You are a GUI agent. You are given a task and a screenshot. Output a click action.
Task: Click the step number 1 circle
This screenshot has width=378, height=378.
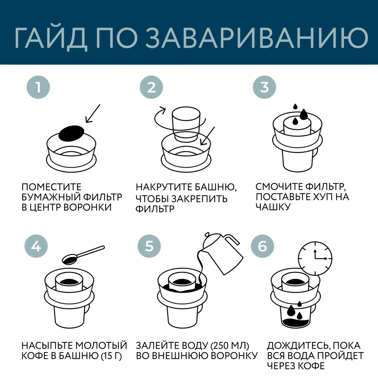(x=38, y=87)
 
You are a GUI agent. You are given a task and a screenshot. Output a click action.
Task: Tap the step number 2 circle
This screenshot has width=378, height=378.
(x=151, y=87)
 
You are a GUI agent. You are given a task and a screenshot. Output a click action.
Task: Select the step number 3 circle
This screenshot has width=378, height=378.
(x=264, y=87)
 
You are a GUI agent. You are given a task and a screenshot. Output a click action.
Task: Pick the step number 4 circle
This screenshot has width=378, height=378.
(x=36, y=246)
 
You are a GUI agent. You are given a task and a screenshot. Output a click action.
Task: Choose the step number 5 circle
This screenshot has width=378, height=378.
(x=149, y=246)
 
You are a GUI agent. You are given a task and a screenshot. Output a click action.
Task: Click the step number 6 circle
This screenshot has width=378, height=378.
(x=262, y=246)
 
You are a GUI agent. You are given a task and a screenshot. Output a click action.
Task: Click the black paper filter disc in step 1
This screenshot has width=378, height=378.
(x=71, y=133)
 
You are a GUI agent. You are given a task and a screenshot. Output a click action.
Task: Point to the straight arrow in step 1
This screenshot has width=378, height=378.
(x=93, y=113)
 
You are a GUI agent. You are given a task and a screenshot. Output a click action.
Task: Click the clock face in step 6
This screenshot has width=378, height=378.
(x=315, y=258)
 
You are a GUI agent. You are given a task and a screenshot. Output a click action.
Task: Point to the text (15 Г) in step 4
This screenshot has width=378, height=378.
(x=111, y=356)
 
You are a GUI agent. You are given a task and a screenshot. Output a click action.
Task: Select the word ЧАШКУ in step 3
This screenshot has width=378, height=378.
(x=273, y=207)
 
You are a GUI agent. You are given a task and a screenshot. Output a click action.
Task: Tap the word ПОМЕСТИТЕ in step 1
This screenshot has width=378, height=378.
(x=51, y=187)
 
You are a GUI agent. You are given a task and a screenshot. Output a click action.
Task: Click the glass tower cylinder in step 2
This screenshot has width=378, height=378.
(x=186, y=123)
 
